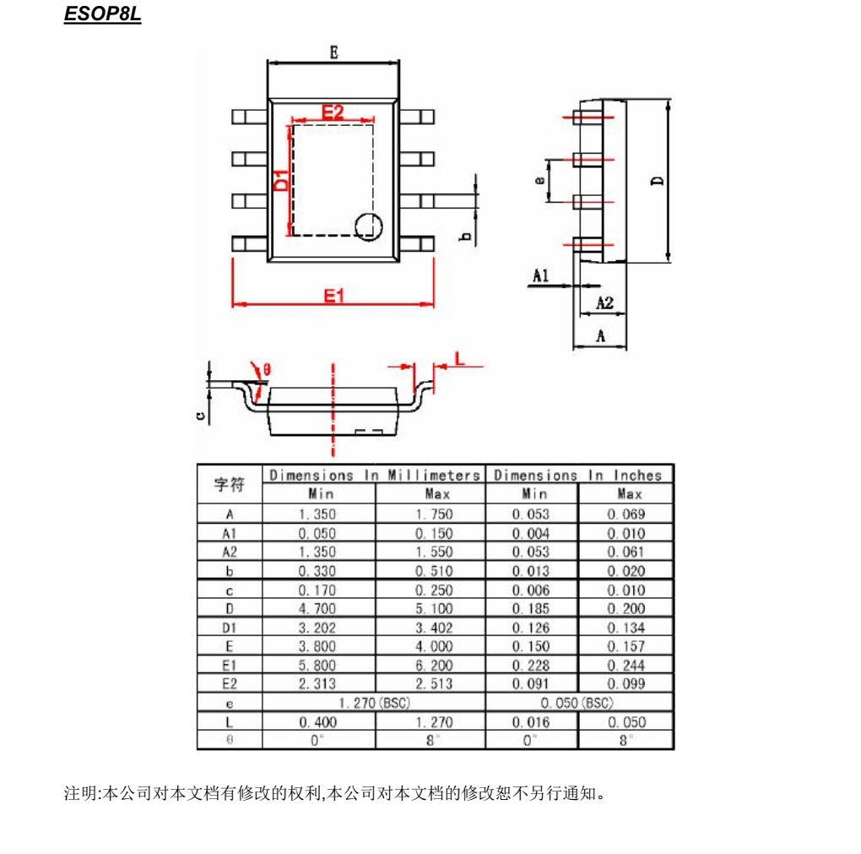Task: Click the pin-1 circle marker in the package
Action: click(368, 226)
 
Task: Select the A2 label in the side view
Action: click(604, 302)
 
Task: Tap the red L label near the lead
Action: click(460, 357)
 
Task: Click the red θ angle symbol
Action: click(267, 369)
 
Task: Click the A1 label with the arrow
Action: click(541, 275)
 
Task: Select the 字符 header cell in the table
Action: click(229, 484)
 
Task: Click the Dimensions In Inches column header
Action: click(578, 475)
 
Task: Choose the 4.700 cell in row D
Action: click(317, 609)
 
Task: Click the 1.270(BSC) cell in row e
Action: click(374, 703)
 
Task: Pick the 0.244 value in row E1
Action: click(626, 666)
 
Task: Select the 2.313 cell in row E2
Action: click(317, 684)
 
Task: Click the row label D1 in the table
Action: click(229, 628)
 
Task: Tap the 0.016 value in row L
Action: click(531, 722)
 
